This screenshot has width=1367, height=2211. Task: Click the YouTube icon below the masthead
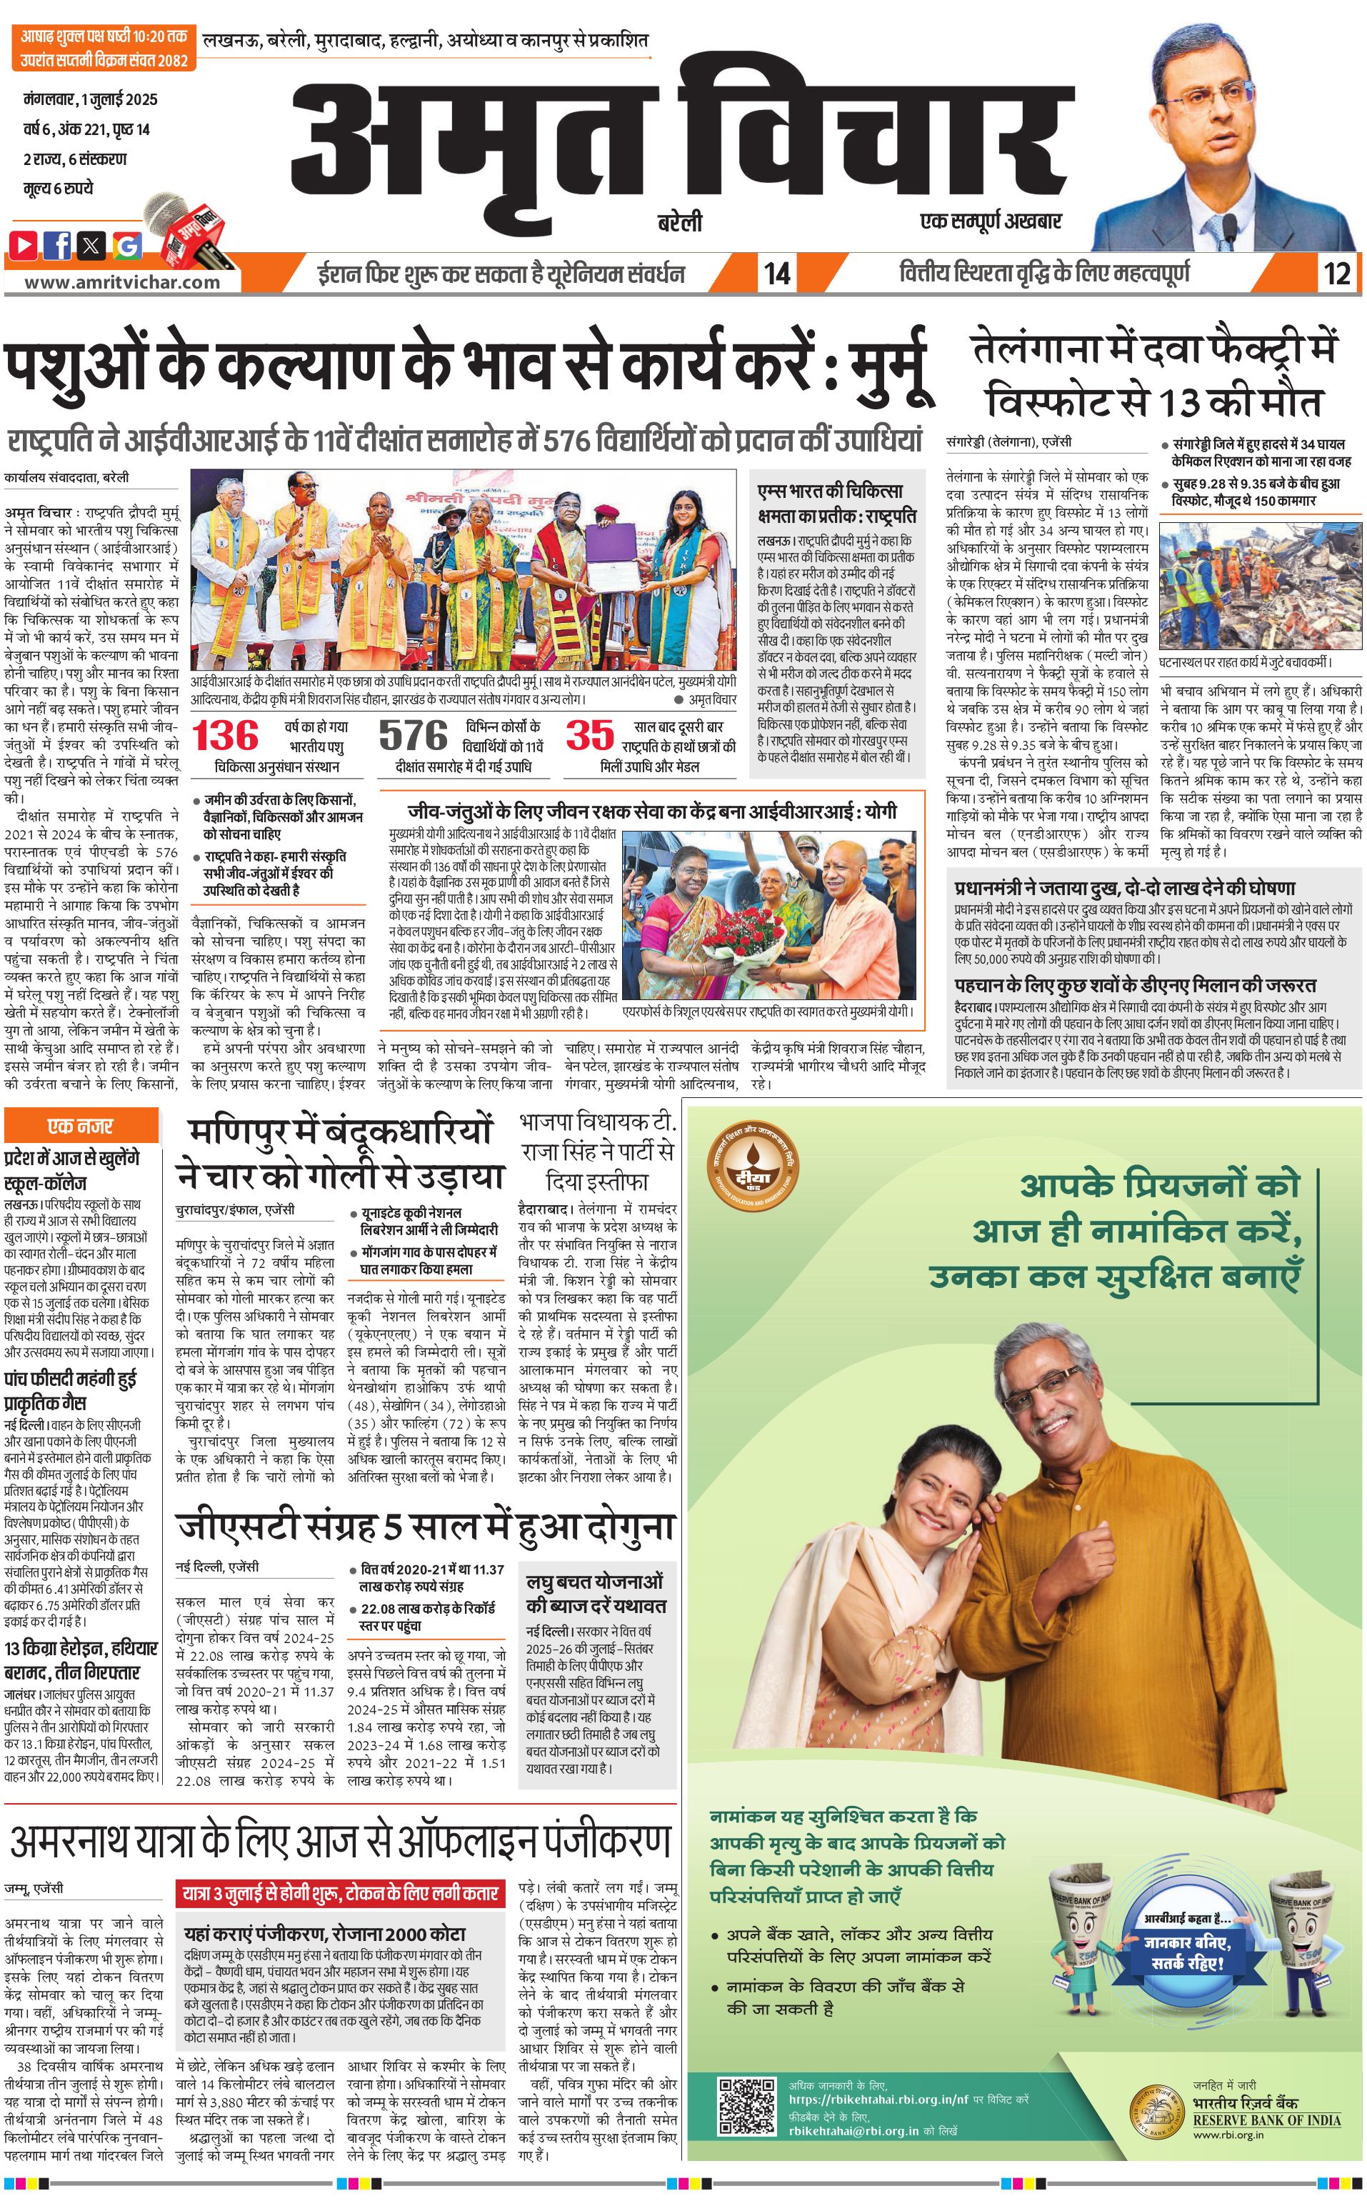pyautogui.click(x=24, y=244)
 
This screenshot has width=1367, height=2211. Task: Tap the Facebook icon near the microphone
pyautogui.click(x=58, y=244)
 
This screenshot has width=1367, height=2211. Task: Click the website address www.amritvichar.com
pyautogui.click(x=122, y=282)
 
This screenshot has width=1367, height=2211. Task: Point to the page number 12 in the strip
pyautogui.click(x=1336, y=273)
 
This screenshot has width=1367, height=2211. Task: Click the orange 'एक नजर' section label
pyautogui.click(x=81, y=1126)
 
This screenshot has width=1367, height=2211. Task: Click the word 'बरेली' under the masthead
pyautogui.click(x=680, y=222)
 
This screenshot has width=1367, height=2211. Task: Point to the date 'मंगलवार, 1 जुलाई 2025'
pyautogui.click(x=91, y=99)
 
